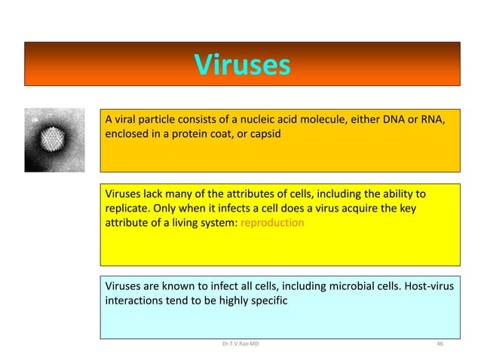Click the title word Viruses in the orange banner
click(x=241, y=65)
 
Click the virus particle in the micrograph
click(x=54, y=139)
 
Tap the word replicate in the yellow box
click(x=127, y=208)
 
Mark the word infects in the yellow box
click(x=235, y=208)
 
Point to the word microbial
click(x=348, y=285)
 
